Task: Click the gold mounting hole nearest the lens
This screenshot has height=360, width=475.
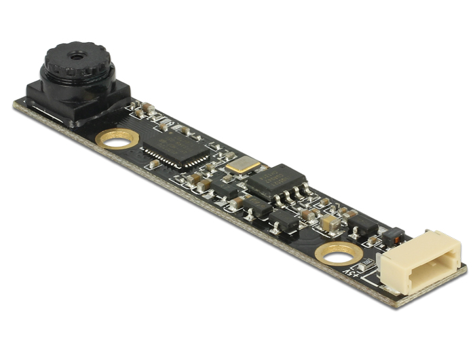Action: pyautogui.click(x=117, y=138)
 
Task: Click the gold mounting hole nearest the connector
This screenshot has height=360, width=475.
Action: pyautogui.click(x=337, y=253)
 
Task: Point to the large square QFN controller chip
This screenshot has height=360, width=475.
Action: pyautogui.click(x=174, y=148)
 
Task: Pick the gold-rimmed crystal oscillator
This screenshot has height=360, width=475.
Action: pyautogui.click(x=243, y=164)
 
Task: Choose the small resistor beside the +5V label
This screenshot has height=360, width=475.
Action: pyautogui.click(x=367, y=261)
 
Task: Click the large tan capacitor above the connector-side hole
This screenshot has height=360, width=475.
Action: pyautogui.click(x=330, y=221)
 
